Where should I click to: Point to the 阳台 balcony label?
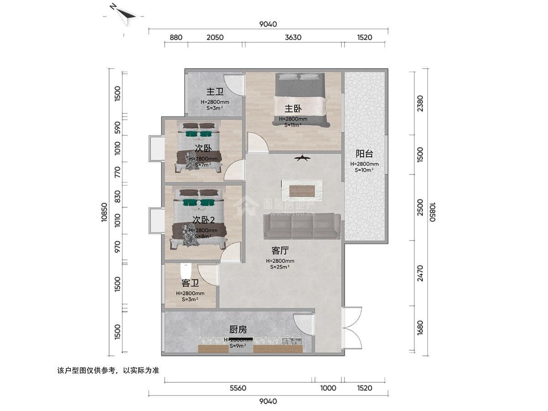point(364,154)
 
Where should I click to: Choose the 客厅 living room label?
point(280,251)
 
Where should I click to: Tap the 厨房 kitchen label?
point(238,329)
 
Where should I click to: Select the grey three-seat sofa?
point(302,226)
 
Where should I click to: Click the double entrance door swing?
point(352,329)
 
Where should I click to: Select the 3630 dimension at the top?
point(293,37)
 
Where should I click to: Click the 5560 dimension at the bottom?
point(238,388)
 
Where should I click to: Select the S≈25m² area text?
point(280,267)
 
